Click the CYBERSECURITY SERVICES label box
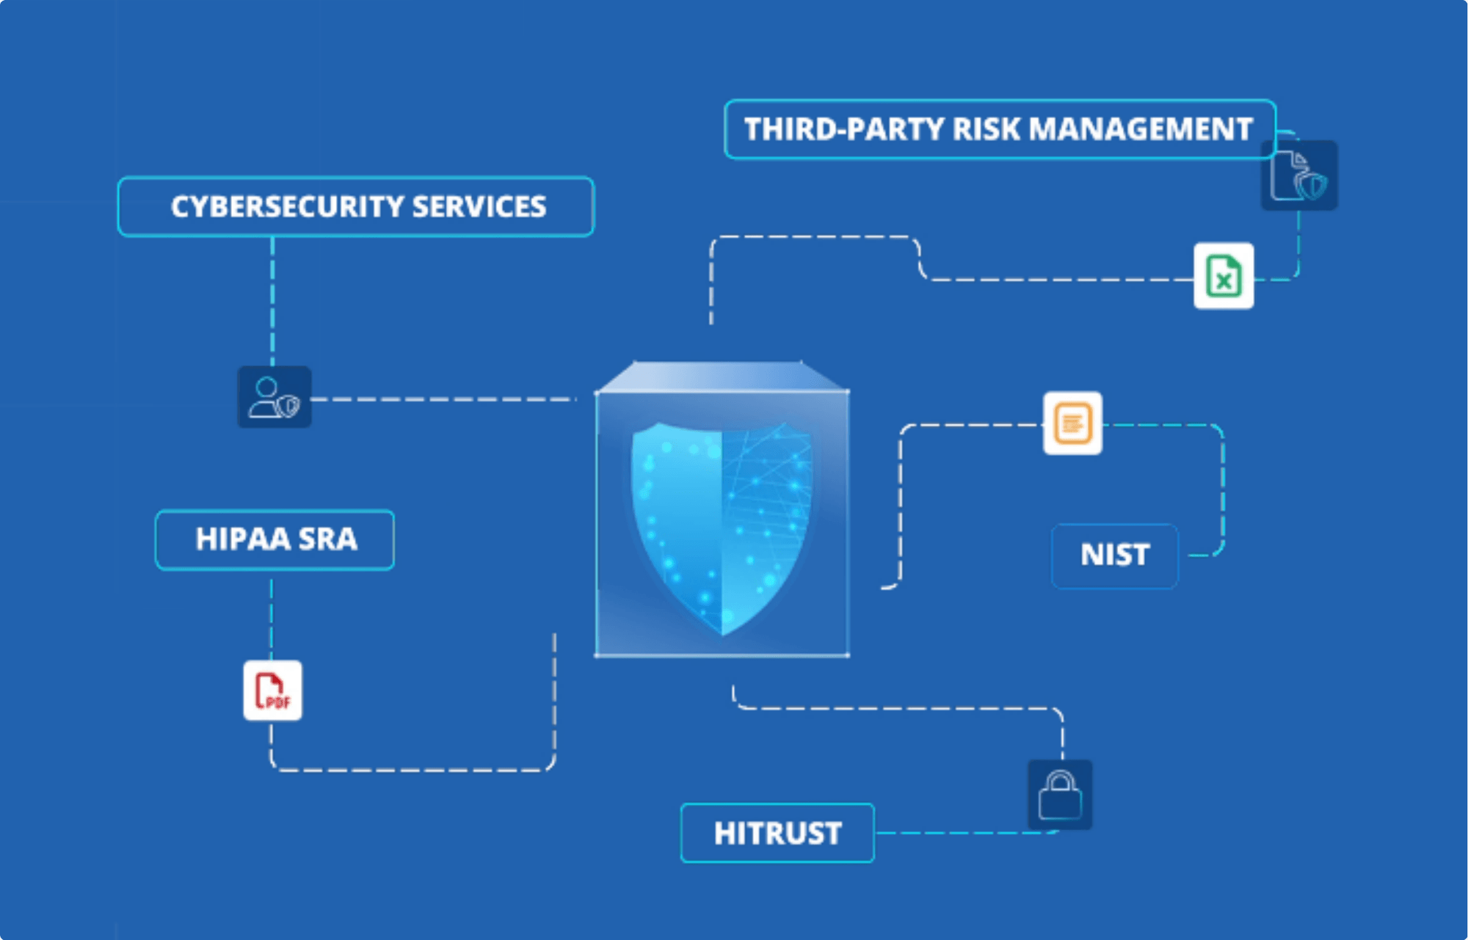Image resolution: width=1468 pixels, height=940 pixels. coord(356,206)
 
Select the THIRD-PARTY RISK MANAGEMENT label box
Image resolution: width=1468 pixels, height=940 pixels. coord(1000,129)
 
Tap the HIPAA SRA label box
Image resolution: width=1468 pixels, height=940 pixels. coord(275,539)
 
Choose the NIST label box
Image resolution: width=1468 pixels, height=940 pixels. coord(1115,555)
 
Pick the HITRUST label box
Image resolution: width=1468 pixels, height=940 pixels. coord(777,833)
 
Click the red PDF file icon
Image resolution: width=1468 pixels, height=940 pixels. coord(272,691)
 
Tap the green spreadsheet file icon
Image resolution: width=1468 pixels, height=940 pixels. coord(1224,276)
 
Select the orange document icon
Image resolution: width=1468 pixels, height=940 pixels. coord(1072,423)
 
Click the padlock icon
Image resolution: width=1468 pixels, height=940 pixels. coord(1060,795)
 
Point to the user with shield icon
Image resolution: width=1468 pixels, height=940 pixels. coord(275,397)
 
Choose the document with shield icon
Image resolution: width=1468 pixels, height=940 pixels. coord(1299,175)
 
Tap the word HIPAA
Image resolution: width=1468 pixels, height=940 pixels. coord(243,539)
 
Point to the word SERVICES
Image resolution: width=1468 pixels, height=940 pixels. coord(479,207)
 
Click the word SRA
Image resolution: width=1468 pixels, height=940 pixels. coord(327,539)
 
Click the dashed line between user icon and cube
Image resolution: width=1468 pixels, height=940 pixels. coord(444,399)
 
